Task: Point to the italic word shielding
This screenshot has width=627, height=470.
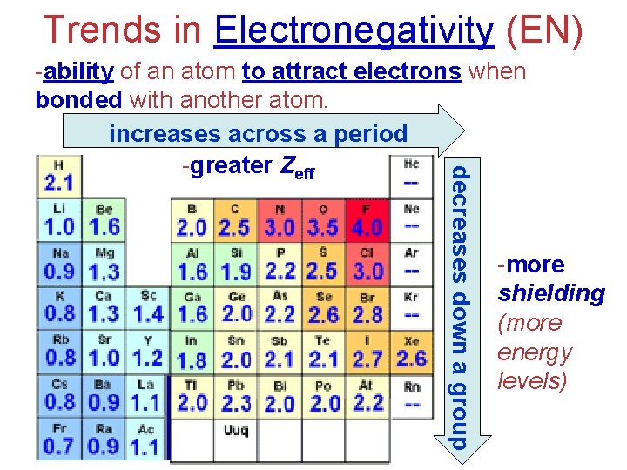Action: point(550,293)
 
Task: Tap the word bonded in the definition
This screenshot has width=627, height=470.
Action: point(78,100)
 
